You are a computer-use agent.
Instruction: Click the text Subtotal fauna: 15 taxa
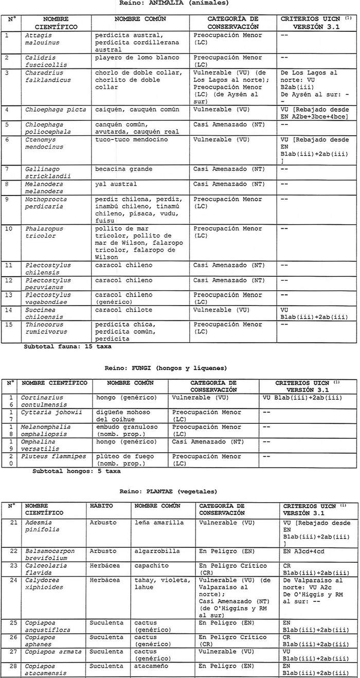click(x=67, y=347)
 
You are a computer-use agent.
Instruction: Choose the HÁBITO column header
click(x=100, y=506)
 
